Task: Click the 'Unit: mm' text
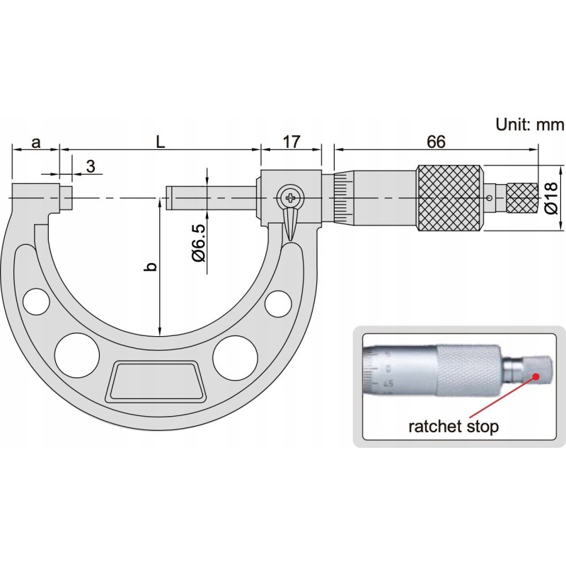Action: click(x=529, y=125)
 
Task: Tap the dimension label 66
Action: click(x=436, y=142)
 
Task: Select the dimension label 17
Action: click(x=291, y=142)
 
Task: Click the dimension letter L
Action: click(x=160, y=142)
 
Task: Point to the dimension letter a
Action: click(x=36, y=143)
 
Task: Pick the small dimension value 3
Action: click(x=91, y=166)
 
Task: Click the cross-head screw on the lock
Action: click(x=290, y=197)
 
